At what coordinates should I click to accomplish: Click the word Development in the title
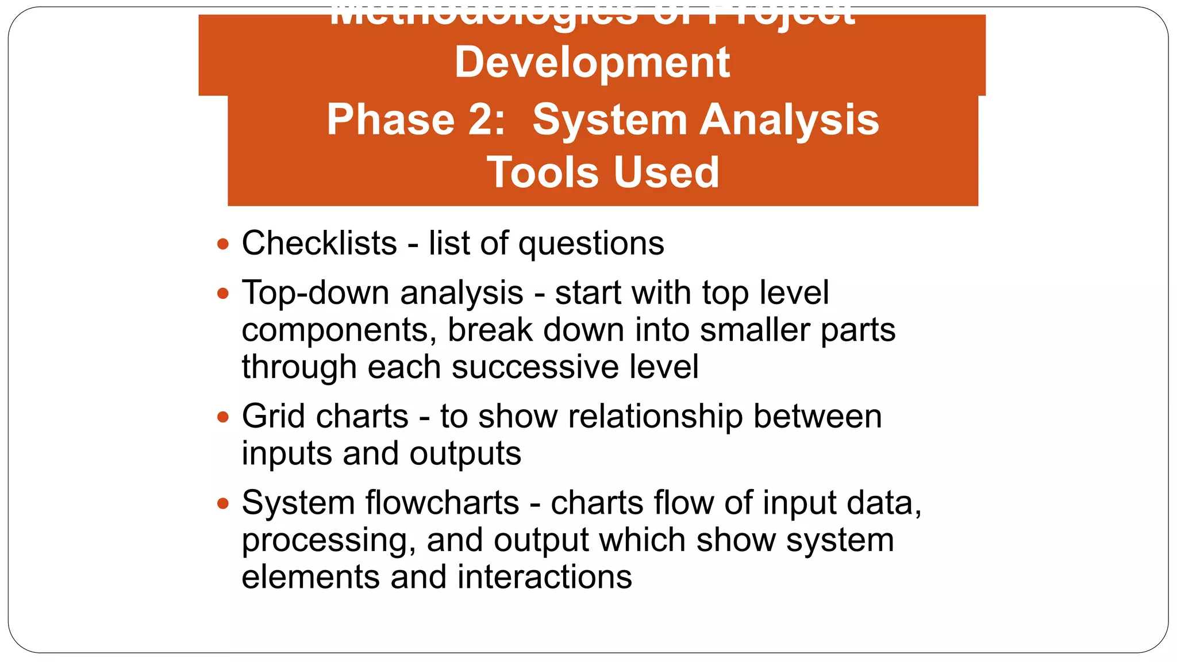[592, 63]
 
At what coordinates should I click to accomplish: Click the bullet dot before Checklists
[224, 244]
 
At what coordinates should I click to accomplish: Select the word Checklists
[319, 243]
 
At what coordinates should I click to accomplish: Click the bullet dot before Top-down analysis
[224, 294]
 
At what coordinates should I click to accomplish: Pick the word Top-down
[316, 293]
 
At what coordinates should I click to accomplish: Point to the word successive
[535, 367]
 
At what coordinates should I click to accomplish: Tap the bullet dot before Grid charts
[224, 417]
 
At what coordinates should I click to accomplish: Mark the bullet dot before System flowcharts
[224, 504]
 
